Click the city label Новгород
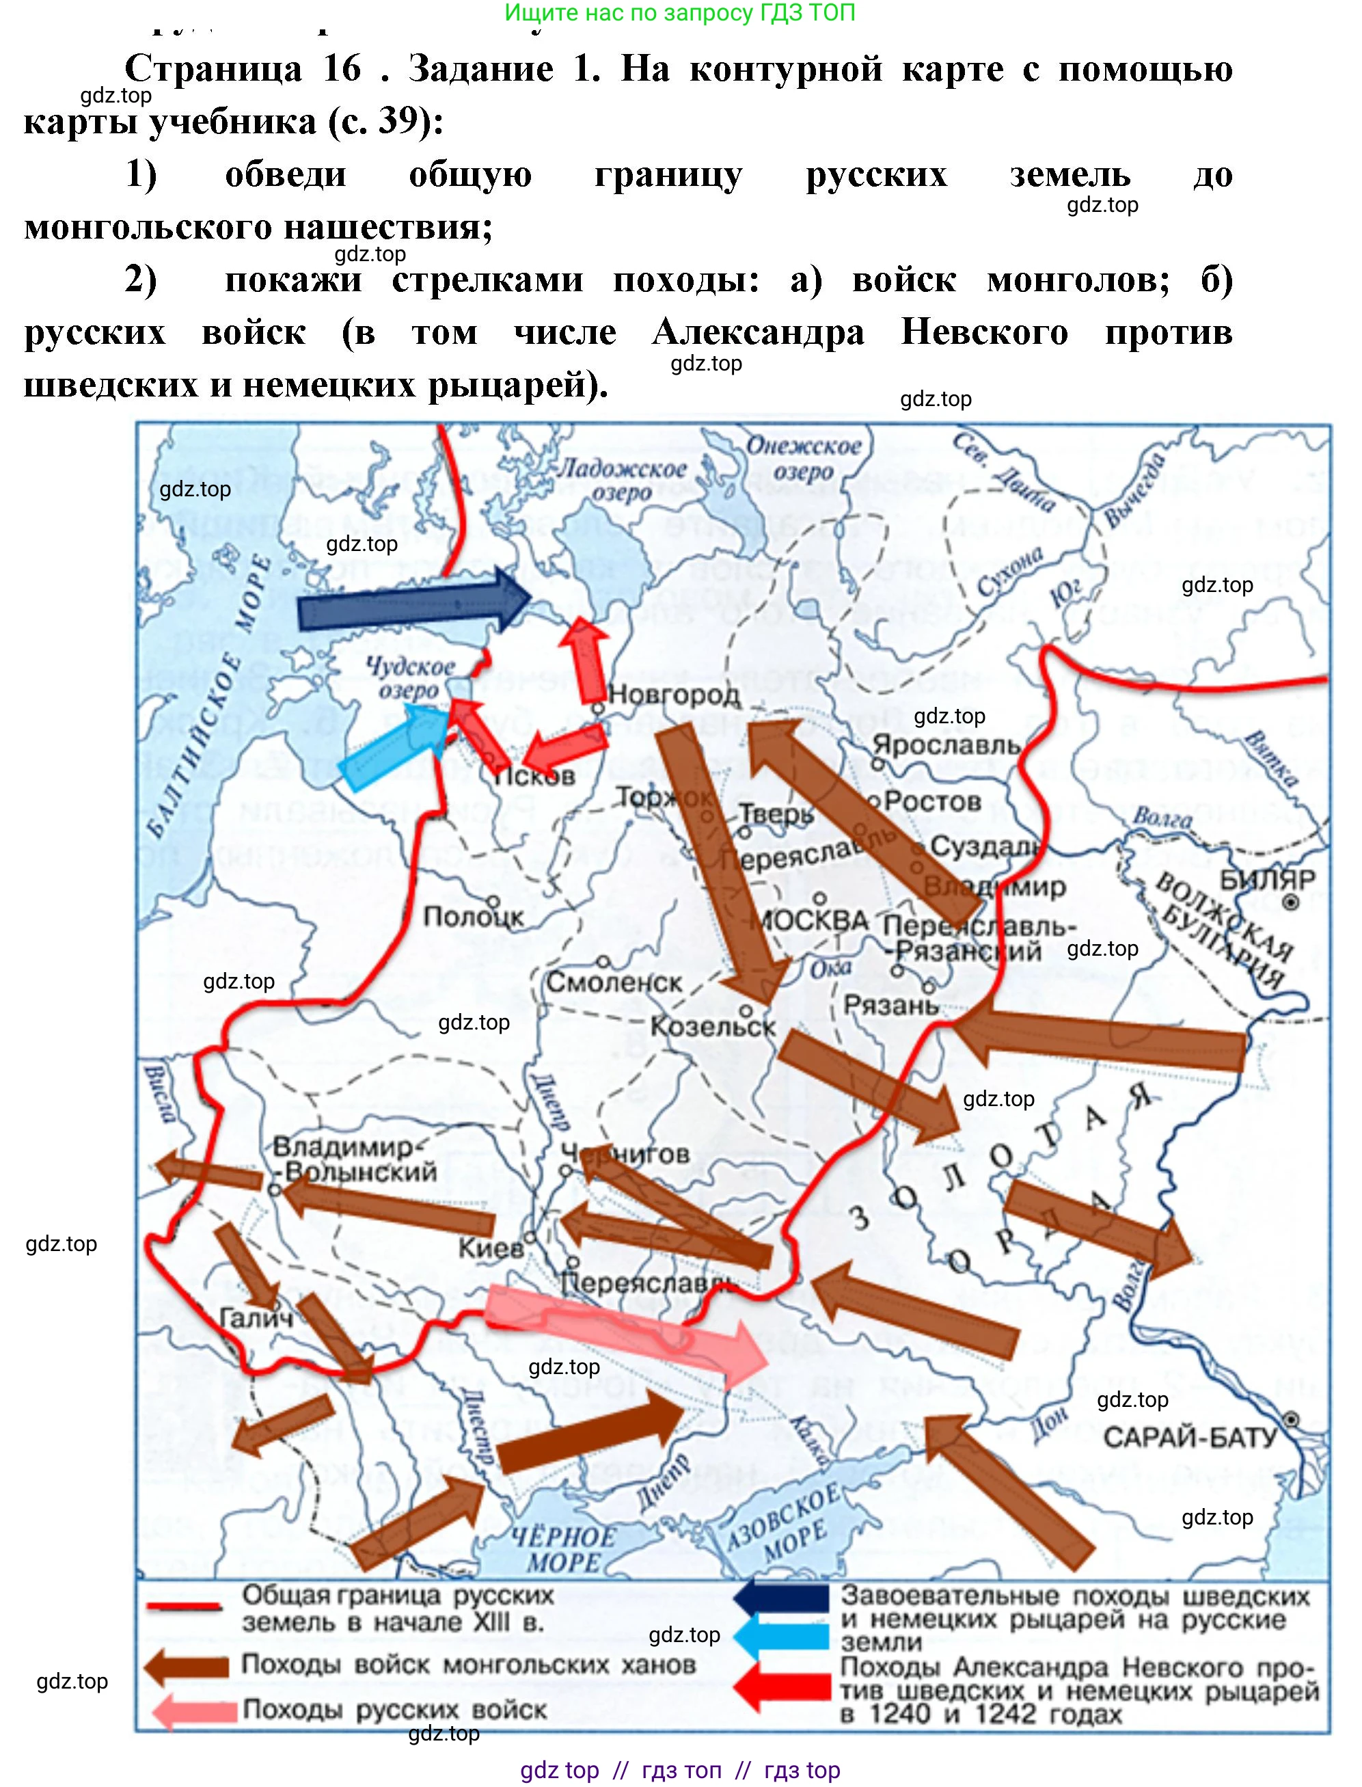pos(674,695)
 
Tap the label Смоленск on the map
pos(614,982)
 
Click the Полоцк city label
pos(474,917)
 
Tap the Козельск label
pos(713,1027)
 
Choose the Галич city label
pos(257,1318)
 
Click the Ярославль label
pos(945,744)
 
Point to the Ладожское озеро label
pos(623,479)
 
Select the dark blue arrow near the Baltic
pos(413,602)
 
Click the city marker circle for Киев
pos(530,1238)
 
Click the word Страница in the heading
pos(213,69)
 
